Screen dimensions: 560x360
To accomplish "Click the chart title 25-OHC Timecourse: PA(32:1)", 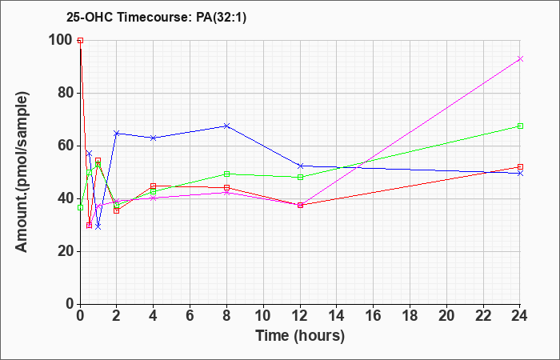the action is tap(156, 18).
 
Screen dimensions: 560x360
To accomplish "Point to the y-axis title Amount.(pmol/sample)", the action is tap(22, 172).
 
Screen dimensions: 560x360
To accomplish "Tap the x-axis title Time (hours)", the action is tap(300, 336).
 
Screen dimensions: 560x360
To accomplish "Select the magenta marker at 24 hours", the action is tap(520, 58).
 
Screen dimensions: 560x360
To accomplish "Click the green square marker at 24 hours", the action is tap(520, 126).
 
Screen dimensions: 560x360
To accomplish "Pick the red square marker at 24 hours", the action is tap(520, 166).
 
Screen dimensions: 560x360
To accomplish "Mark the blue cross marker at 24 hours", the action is tap(520, 174).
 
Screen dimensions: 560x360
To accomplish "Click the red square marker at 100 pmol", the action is tap(80, 40).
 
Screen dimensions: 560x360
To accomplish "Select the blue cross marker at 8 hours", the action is tap(226, 126).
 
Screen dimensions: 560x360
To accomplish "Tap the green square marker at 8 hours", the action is tap(226, 174).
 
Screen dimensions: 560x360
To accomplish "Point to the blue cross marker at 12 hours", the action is tap(300, 166).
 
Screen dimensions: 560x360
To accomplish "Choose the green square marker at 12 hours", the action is tap(300, 177).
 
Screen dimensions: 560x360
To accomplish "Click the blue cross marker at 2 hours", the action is tap(117, 134).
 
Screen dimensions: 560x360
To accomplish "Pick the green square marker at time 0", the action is tap(80, 207).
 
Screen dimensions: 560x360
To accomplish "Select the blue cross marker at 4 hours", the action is tap(154, 138).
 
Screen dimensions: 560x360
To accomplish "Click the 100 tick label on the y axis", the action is tap(62, 40).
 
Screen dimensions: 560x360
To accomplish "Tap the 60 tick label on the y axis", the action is tap(66, 146).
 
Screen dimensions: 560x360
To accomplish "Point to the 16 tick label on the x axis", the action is tap(374, 316).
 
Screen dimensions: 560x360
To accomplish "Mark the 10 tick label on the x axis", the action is tap(263, 316).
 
